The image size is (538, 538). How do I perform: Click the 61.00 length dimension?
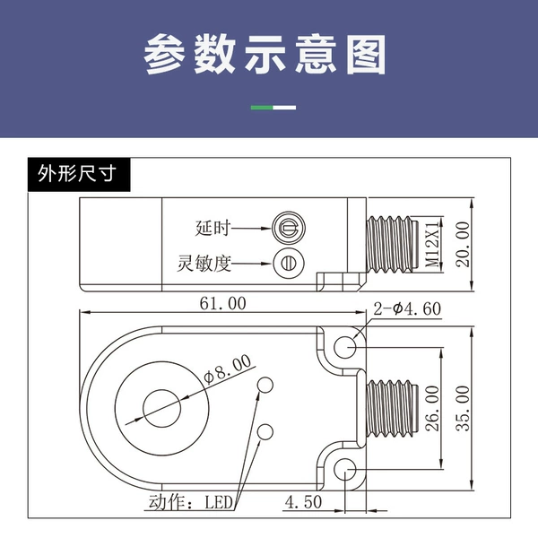223,304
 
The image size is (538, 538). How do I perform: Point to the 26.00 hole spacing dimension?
432,408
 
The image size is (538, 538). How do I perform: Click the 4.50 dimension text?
303,502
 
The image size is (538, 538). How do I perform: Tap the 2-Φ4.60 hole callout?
407,308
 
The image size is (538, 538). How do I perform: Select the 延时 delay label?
213,228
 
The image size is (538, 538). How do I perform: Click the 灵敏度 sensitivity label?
204,264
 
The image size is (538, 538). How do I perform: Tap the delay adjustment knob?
289,228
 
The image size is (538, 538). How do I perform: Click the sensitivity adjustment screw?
289,264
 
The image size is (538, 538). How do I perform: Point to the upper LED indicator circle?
265,385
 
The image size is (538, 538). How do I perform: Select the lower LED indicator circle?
265,432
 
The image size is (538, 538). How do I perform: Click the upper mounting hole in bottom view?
345,347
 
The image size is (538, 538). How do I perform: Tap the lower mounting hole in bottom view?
345,469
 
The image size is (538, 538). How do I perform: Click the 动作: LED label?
191,502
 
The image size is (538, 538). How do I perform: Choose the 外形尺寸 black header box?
79,174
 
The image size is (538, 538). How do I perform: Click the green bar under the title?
262,108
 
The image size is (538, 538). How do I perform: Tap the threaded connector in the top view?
392,244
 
